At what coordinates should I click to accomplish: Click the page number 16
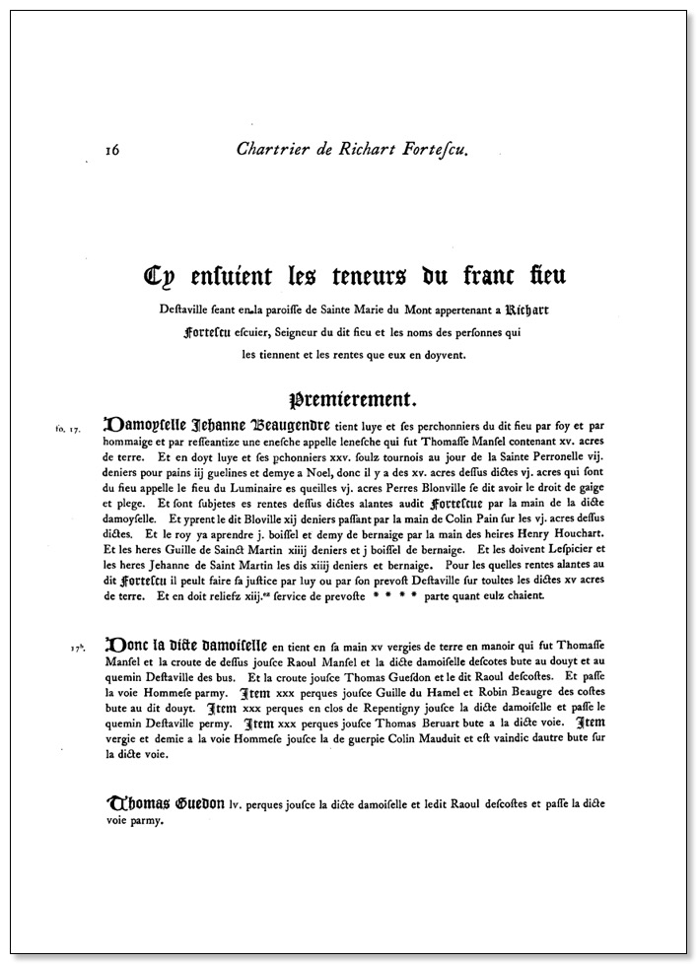point(111,150)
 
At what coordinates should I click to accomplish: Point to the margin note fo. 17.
point(68,430)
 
